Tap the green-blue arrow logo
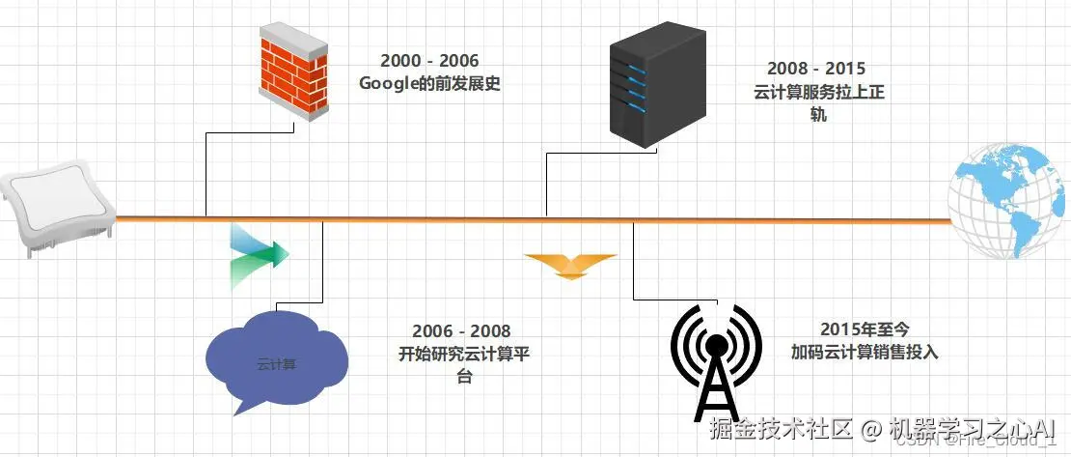pos(258,256)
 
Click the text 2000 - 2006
pos(429,62)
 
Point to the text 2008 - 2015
pos(816,70)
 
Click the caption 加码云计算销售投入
pos(863,353)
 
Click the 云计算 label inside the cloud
pos(274,364)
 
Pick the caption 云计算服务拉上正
pos(816,94)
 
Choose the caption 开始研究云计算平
pos(463,354)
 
